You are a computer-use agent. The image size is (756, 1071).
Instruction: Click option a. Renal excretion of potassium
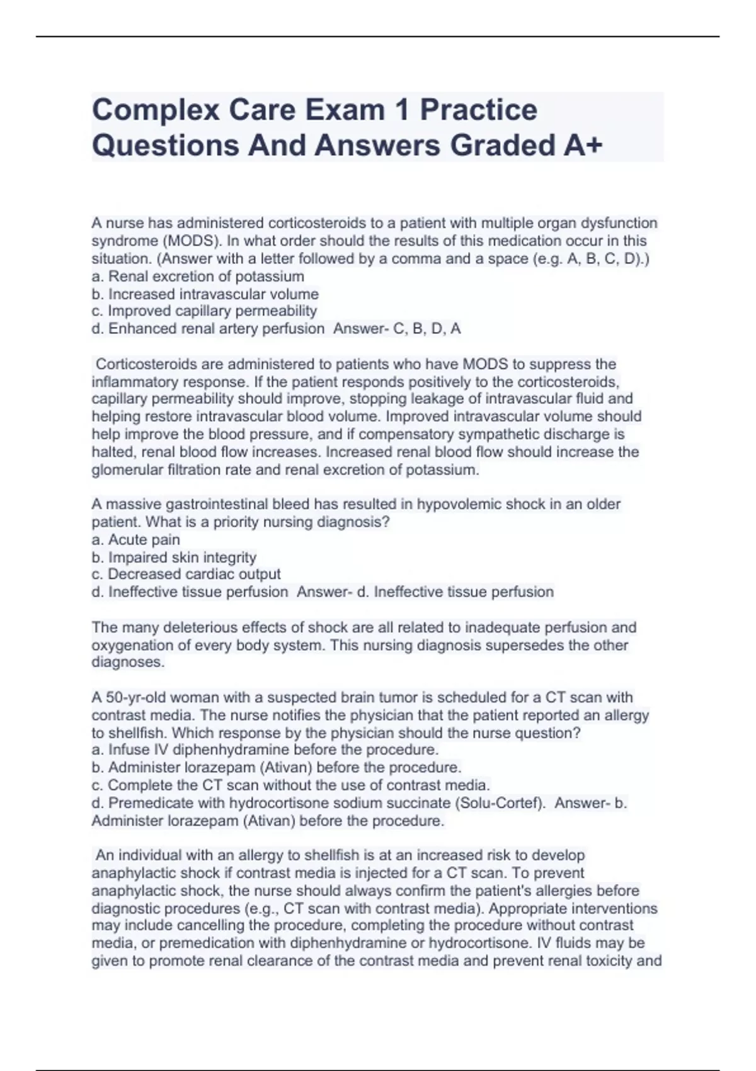(198, 277)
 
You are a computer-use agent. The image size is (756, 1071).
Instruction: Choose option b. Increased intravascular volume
(205, 294)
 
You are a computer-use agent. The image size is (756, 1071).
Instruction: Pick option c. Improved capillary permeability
(204, 311)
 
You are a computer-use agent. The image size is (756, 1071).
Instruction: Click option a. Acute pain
(135, 540)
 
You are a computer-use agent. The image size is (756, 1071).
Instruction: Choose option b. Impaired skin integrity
(174, 558)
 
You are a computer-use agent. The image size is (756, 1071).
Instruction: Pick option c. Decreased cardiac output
(186, 575)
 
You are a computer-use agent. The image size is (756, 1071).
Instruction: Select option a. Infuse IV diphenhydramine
(265, 750)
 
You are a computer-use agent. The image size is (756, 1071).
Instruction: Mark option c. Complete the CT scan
(290, 786)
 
